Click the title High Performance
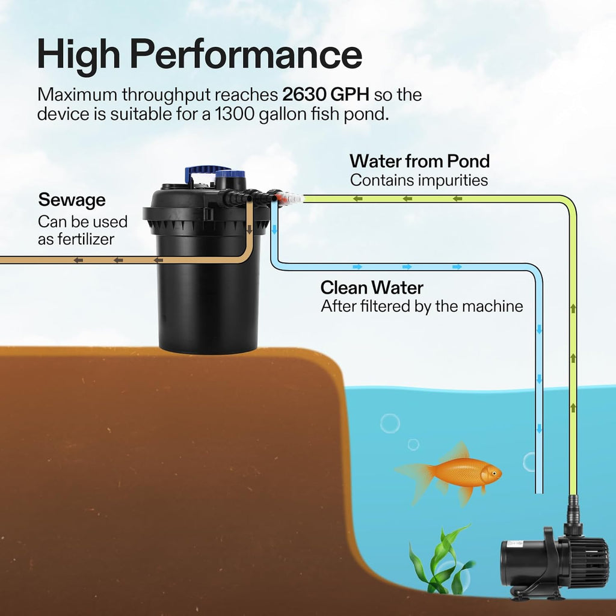coord(199,54)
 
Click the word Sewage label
coord(72,200)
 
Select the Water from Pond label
coord(419,161)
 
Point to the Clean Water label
coord(371,288)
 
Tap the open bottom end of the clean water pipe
coord(539,491)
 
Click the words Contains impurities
coord(419,180)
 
